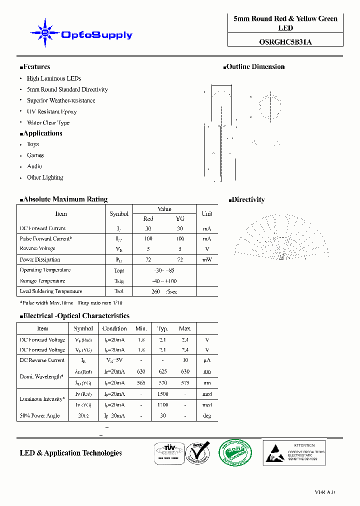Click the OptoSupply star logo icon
point(45,33)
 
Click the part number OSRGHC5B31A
point(285,42)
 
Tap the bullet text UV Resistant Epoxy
point(51,111)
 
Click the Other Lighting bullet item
point(45,177)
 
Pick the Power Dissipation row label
point(40,259)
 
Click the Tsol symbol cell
point(119,291)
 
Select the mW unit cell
point(207,259)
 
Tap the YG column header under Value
point(180,219)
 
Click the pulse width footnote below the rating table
point(71,303)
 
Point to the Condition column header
point(114,328)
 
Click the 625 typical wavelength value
point(162,371)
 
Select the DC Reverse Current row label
point(42,360)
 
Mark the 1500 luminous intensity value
point(162,394)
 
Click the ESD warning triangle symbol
point(274,452)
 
